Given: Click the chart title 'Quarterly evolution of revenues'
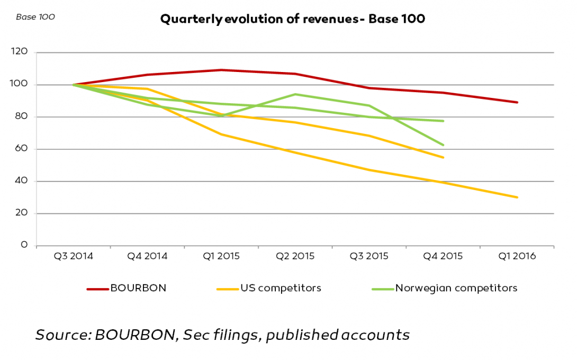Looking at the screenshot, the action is click(x=254, y=19).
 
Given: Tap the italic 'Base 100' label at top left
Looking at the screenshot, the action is click(x=35, y=17).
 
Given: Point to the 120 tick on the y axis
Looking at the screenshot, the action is click(x=19, y=51).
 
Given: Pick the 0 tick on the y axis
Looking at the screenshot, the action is click(x=24, y=245).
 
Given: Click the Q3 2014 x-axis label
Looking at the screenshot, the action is click(x=73, y=256).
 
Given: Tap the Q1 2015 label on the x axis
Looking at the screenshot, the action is click(x=221, y=256).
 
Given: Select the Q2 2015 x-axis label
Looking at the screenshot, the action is click(x=295, y=256).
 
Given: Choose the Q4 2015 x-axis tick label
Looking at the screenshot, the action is click(x=443, y=256).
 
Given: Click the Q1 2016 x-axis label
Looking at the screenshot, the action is click(x=517, y=256).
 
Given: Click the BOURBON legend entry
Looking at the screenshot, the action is click(x=127, y=288).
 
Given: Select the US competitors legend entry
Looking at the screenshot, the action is click(x=269, y=288).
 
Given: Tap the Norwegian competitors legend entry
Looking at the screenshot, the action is click(x=445, y=288).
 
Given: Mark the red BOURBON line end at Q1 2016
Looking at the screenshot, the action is click(x=517, y=102).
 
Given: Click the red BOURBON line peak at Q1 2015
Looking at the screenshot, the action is click(x=221, y=69).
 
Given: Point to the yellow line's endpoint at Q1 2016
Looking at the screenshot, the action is click(x=517, y=197).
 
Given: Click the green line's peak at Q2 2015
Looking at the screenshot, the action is click(x=295, y=94).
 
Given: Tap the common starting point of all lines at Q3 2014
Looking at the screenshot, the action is click(x=74, y=85).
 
